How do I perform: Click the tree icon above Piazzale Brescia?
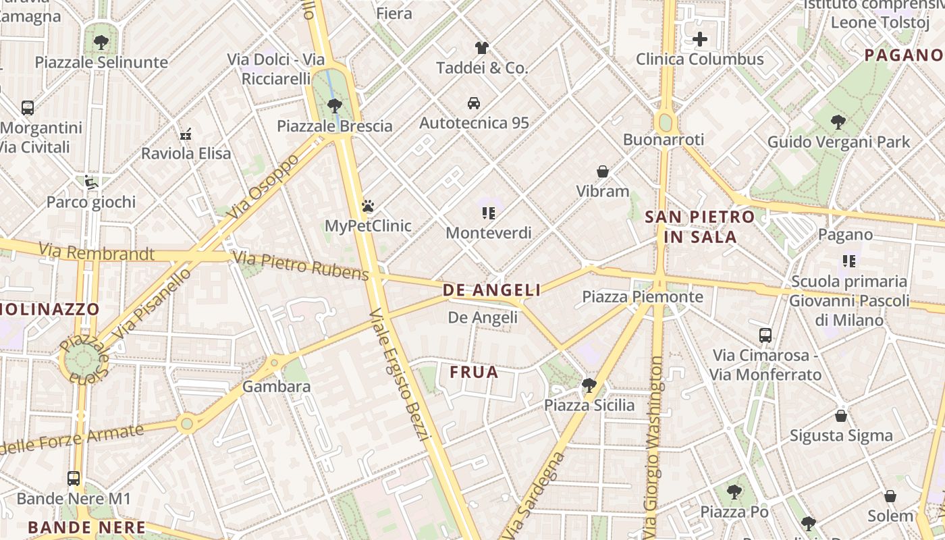(x=334, y=106)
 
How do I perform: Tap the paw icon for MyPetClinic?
(x=368, y=206)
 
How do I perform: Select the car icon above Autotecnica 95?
(x=474, y=103)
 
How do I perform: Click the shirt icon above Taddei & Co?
(x=481, y=48)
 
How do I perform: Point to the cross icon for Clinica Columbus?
(x=700, y=39)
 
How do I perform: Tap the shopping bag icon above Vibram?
(x=603, y=171)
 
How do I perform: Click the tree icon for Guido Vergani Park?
(x=838, y=122)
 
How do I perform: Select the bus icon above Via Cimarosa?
(x=765, y=335)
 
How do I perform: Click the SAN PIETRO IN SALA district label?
(x=699, y=227)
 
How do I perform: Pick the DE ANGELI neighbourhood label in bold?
(x=491, y=290)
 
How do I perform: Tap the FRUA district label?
(x=474, y=372)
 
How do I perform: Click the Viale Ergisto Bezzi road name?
(x=400, y=375)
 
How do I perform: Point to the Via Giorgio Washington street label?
(x=653, y=446)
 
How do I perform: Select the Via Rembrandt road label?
(x=96, y=253)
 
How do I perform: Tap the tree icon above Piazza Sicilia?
(x=589, y=385)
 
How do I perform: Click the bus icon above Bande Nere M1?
(x=74, y=479)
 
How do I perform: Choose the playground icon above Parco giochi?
(x=91, y=182)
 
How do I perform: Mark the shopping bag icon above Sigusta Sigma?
(x=841, y=416)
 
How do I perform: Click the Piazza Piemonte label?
(x=643, y=297)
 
